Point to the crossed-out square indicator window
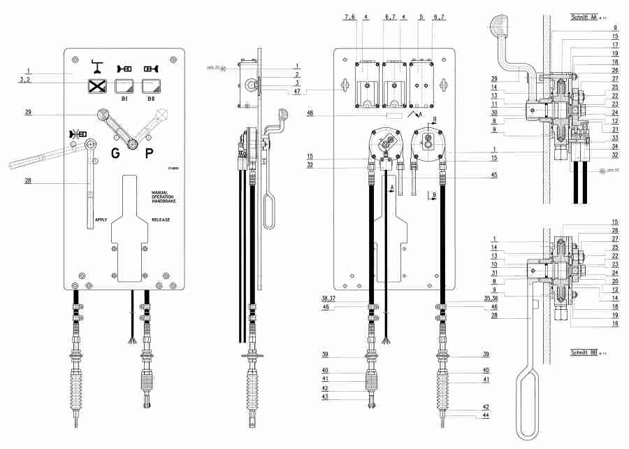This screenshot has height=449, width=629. pyautogui.click(x=96, y=87)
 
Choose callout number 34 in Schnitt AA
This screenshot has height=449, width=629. pyautogui.click(x=614, y=146)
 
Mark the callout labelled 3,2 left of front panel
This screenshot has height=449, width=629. pyautogui.click(x=26, y=80)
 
